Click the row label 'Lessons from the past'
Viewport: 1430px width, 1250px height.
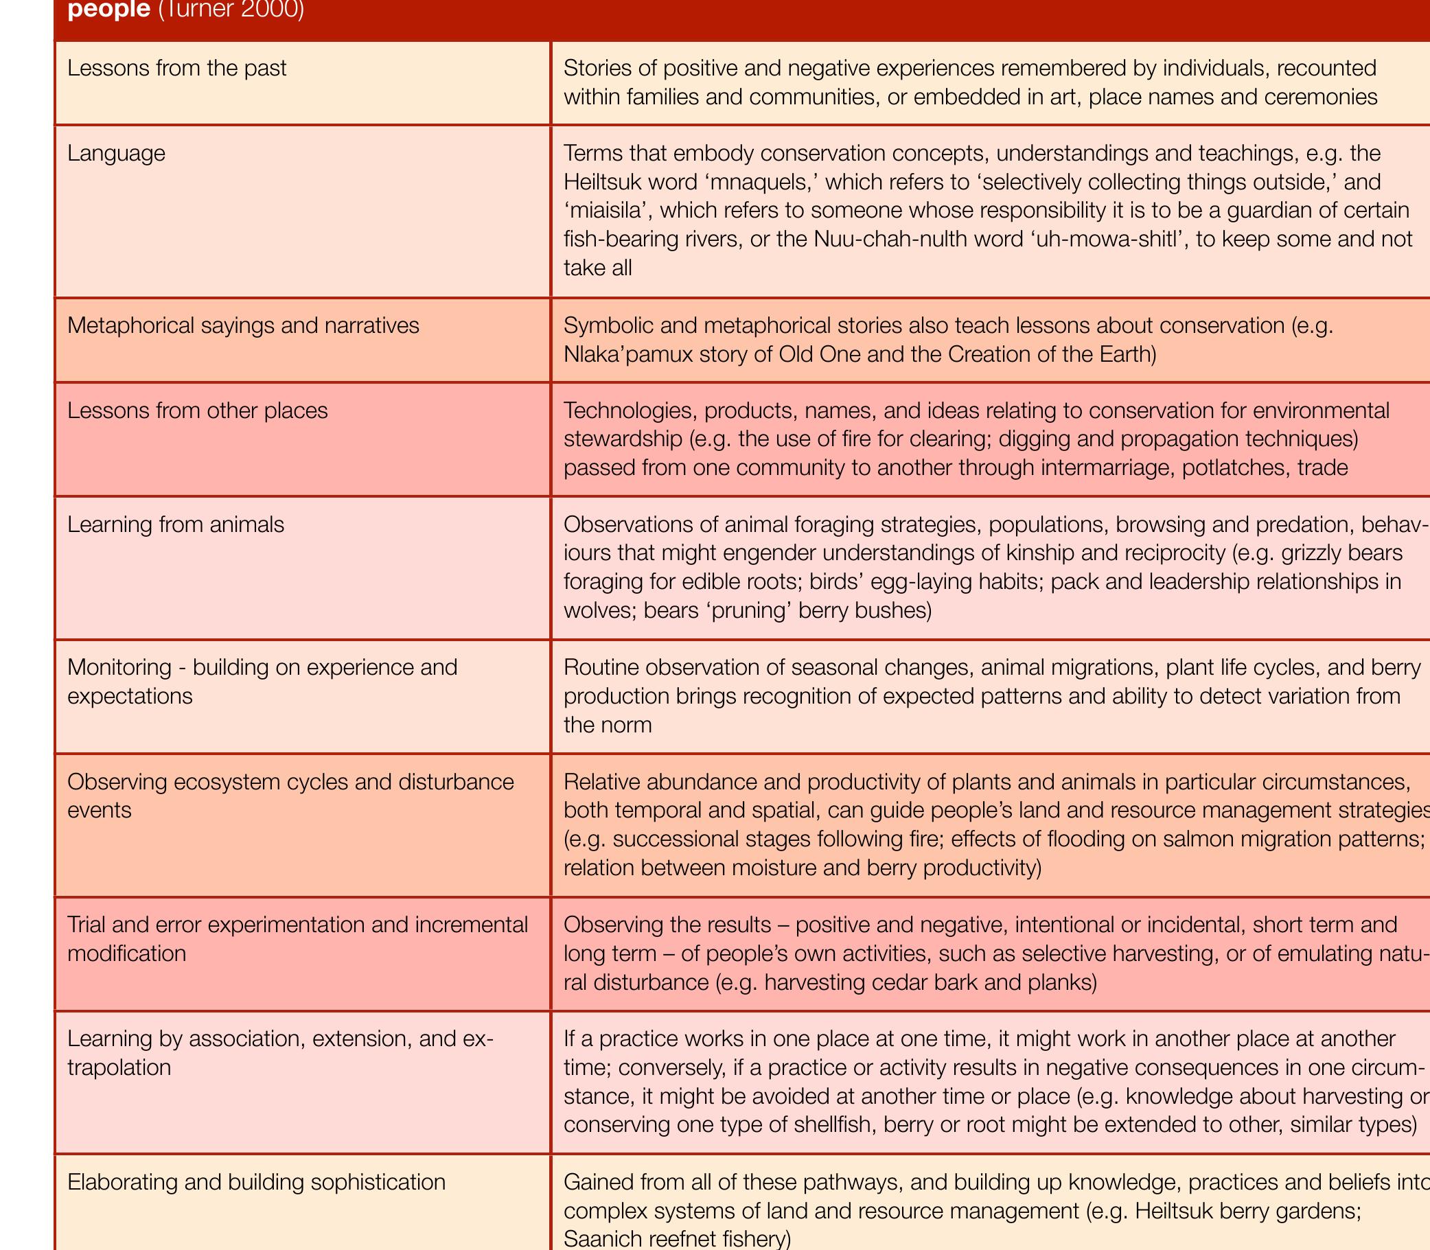tap(176, 69)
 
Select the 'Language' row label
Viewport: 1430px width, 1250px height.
tap(117, 153)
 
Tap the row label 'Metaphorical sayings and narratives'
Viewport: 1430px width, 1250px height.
tap(244, 326)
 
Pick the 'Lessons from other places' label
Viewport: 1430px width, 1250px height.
tap(198, 410)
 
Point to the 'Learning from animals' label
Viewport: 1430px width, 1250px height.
tap(176, 524)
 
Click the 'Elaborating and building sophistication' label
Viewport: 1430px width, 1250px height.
tap(256, 1181)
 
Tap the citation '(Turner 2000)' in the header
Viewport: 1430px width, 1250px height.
tap(231, 11)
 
